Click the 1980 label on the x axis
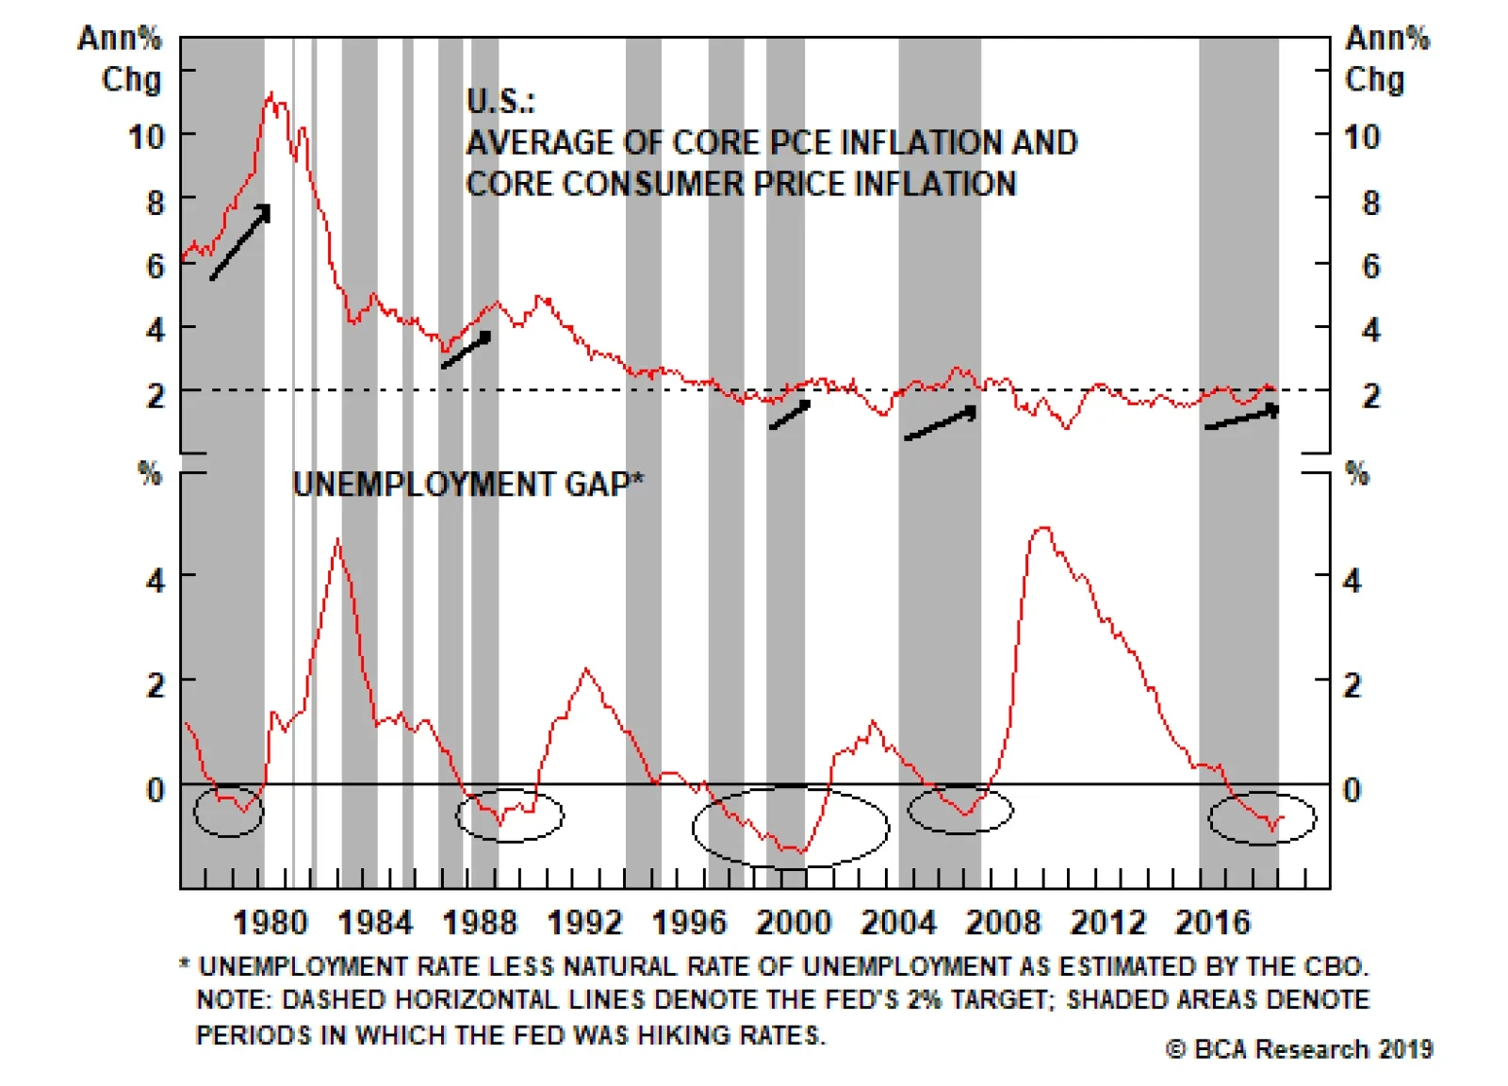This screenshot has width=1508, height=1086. coord(270,922)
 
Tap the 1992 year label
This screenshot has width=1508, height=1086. coord(584,922)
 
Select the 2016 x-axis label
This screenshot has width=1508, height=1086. coord(1212,922)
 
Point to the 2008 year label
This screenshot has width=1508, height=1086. coord(1003,922)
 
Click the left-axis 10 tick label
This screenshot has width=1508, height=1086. coord(147,138)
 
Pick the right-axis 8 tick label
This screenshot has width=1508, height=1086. coord(1370,203)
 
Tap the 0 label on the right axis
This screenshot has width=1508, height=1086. coord(1352,790)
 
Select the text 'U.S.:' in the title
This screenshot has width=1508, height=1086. coord(500,102)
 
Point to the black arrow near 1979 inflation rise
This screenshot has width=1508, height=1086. coord(240,242)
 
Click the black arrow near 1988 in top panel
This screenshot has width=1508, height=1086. coord(467,350)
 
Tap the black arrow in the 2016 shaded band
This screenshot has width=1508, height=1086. coord(1242,418)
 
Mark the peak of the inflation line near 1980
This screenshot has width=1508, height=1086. coord(271,93)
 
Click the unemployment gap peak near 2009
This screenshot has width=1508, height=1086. coord(1042,528)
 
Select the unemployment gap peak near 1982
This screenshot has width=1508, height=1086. coord(337,540)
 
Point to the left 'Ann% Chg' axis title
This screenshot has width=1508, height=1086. coord(121,58)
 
